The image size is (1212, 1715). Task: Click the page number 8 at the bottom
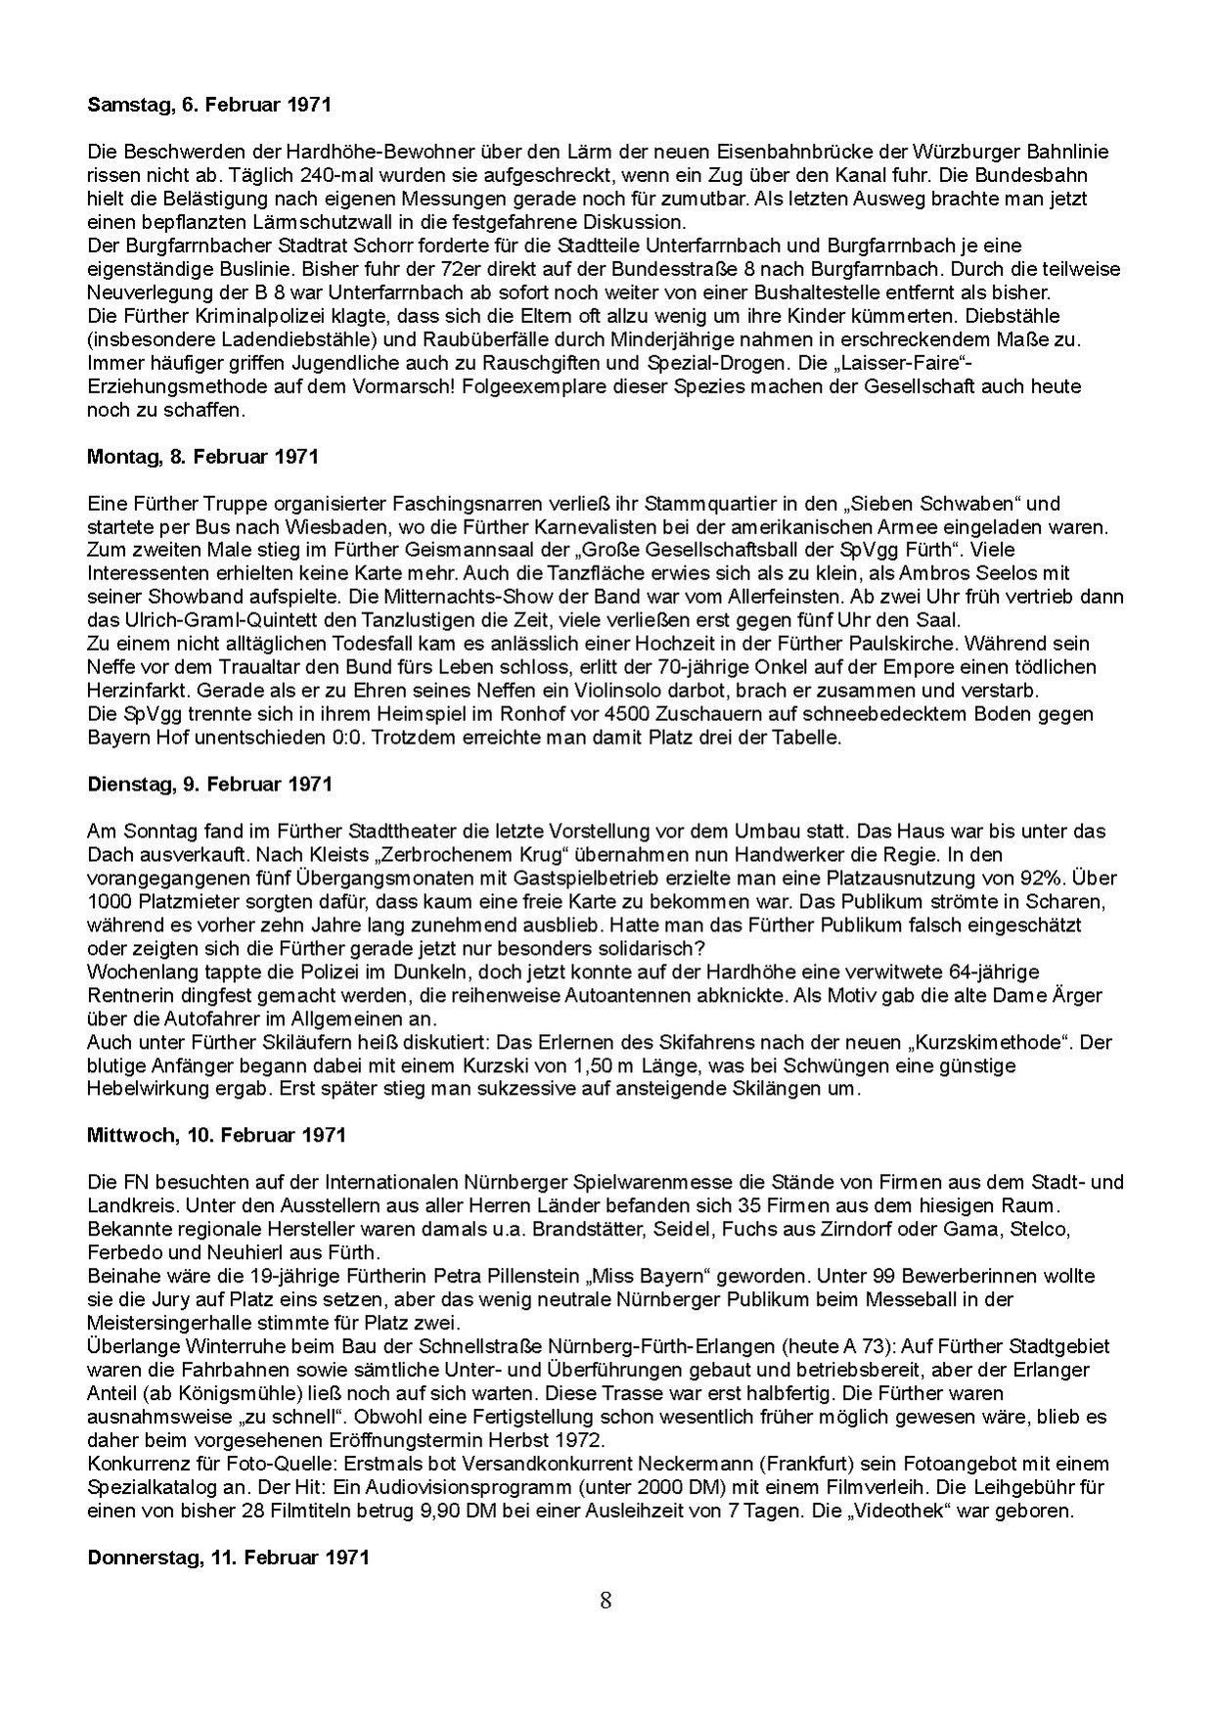(x=606, y=1601)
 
